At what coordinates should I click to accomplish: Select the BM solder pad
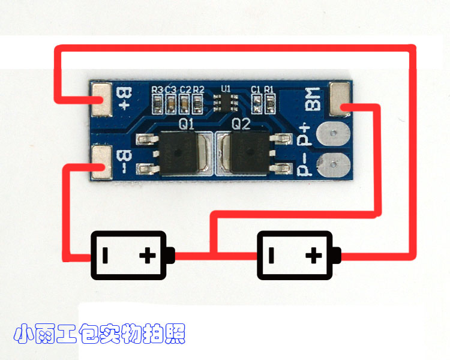point(340,100)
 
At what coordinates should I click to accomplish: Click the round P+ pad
point(331,134)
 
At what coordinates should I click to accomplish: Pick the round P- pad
point(331,164)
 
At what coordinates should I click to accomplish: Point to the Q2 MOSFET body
point(248,154)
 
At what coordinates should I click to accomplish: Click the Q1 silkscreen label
point(187,124)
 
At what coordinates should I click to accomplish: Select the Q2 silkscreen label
point(241,124)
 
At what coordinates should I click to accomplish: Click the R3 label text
point(157,89)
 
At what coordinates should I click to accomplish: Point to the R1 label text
point(269,89)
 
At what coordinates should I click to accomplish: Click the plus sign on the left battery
point(148,256)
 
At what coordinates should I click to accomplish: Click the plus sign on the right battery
point(313,256)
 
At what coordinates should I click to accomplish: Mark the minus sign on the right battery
point(271,256)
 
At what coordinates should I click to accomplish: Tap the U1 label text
point(226,89)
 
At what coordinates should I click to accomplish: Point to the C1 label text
point(256,89)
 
